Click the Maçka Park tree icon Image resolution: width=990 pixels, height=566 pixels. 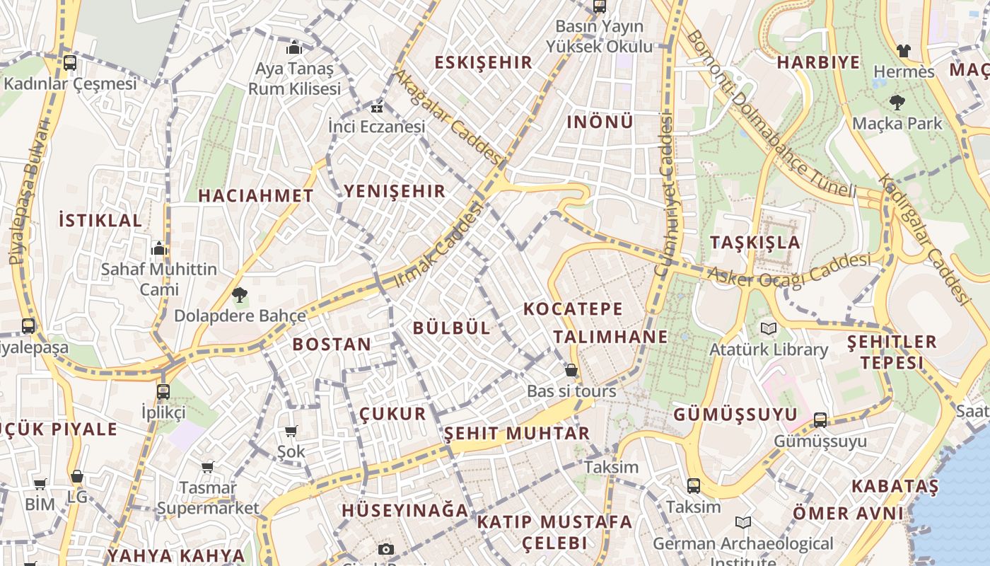(897, 103)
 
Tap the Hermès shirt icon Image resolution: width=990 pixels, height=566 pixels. (903, 51)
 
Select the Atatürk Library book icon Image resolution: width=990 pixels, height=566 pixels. (768, 329)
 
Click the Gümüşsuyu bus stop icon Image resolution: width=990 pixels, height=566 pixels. (820, 420)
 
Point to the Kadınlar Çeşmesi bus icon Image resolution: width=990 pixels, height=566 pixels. (69, 63)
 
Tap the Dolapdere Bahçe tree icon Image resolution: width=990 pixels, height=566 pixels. (240, 294)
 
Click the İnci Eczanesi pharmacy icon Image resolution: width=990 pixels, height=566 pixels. (376, 108)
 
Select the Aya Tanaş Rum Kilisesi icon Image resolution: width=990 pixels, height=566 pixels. (293, 48)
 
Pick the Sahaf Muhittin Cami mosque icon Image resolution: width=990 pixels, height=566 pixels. (159, 248)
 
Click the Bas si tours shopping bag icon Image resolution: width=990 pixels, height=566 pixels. (571, 370)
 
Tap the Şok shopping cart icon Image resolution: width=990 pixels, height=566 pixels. (291, 431)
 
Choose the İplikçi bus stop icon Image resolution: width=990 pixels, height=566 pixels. (163, 391)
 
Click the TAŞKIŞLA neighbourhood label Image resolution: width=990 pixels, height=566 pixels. (755, 243)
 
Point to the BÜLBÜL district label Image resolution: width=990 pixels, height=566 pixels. (451, 328)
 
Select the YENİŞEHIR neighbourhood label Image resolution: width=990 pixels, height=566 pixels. (395, 191)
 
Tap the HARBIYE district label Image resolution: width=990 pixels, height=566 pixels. (818, 62)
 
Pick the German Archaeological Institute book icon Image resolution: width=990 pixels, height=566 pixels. (742, 523)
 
